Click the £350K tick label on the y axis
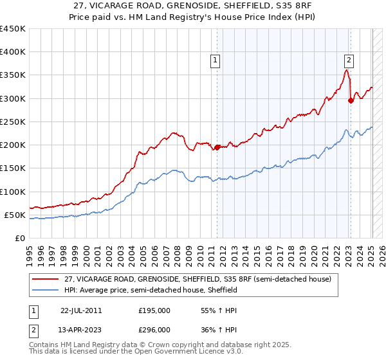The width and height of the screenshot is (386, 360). coord(12,75)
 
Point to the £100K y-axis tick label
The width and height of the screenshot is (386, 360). coord(12,192)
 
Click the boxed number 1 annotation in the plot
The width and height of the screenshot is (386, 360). coord(215,61)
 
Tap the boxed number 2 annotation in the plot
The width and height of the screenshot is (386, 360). coord(349,61)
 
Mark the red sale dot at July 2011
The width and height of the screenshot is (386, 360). coord(217,147)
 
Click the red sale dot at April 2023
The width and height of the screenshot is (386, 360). coord(351,100)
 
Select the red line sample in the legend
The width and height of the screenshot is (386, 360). coord(45,279)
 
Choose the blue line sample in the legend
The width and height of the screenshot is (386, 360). coord(45,291)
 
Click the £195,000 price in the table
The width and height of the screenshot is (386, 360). coord(154,310)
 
